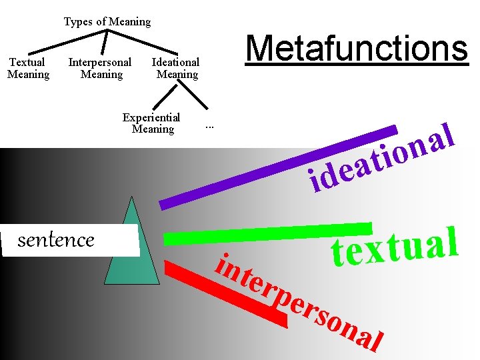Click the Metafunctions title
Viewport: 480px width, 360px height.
(357, 49)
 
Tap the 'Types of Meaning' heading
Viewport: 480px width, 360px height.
(107, 21)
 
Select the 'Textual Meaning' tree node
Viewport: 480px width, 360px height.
(28, 68)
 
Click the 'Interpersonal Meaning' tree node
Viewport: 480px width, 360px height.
(100, 68)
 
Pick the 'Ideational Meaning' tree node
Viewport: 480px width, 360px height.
(176, 68)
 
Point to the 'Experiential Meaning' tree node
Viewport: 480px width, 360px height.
(152, 123)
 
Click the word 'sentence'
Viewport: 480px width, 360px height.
(56, 239)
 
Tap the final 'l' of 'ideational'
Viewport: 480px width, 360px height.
(449, 132)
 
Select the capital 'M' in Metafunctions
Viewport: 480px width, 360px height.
(262, 49)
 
